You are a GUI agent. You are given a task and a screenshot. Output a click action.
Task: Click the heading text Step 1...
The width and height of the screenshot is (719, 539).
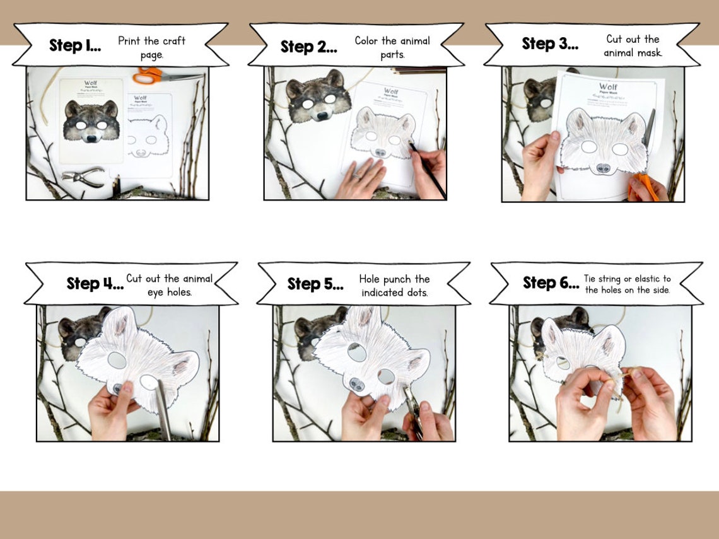[75, 46]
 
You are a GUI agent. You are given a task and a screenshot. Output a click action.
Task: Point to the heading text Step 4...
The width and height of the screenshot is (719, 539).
[95, 284]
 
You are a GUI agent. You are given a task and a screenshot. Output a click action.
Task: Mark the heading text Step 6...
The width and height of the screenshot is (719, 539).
[551, 283]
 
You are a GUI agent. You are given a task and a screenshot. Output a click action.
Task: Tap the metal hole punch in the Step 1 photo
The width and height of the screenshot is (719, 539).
[83, 176]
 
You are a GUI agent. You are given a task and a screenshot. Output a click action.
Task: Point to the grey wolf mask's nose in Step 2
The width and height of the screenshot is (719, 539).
[323, 116]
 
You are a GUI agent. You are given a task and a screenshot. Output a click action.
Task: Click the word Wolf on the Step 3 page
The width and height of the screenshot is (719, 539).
[608, 86]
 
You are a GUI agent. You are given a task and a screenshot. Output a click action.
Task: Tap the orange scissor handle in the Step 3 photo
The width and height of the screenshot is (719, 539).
[642, 187]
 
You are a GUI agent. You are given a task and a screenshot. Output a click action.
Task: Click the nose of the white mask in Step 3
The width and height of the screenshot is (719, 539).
[603, 168]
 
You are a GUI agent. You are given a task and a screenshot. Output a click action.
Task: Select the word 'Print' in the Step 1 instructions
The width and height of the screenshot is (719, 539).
[131, 41]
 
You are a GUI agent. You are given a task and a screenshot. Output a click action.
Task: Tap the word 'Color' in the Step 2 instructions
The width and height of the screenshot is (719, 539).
[367, 41]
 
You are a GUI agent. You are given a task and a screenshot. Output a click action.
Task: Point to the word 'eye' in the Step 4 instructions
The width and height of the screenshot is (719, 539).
[155, 292]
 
